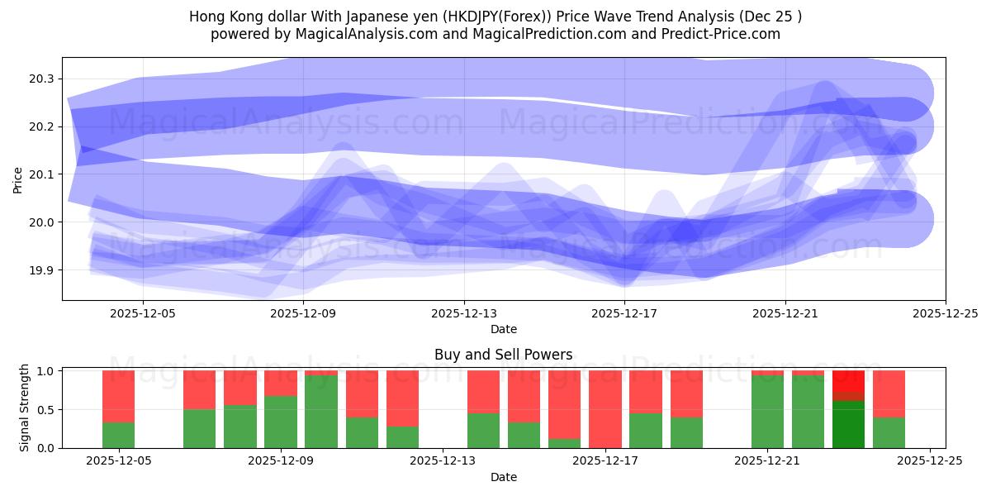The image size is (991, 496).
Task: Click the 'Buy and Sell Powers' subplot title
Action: tap(503, 355)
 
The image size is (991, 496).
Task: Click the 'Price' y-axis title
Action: tap(18, 179)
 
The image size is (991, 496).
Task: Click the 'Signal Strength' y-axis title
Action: tap(25, 408)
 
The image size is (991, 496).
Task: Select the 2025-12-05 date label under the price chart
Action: tap(143, 314)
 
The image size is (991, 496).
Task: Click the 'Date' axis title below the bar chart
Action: tap(503, 477)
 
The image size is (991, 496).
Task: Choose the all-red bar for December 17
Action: tap(605, 409)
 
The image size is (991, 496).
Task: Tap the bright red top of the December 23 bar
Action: tap(848, 380)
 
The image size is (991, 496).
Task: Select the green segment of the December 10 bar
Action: tap(321, 412)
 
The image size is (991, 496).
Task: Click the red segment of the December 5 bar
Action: tap(119, 396)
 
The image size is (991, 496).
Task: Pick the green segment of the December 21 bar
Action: tap(767, 412)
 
